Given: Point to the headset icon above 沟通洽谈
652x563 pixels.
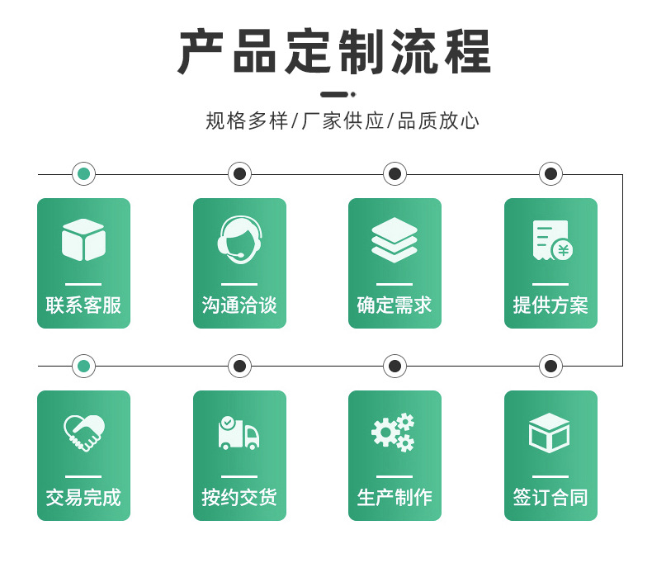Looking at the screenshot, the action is point(239,239).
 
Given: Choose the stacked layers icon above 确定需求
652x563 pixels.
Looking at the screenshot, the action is point(395,239).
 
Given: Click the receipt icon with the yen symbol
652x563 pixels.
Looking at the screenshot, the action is point(551,240).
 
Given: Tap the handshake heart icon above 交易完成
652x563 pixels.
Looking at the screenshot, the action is point(83,432).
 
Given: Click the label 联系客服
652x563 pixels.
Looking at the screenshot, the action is point(83,305).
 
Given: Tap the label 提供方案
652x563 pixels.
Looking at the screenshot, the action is point(550,305).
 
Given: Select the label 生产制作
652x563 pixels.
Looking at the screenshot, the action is point(395,498).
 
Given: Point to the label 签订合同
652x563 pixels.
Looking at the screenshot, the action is point(550,498).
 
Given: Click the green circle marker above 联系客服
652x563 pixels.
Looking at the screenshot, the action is point(83,174).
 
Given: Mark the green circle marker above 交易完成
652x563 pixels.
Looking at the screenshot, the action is point(83,366).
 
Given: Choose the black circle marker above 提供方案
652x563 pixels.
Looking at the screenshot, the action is point(550,174).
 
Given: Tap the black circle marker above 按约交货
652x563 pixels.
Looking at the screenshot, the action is point(239,366).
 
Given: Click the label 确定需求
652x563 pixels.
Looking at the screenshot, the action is point(395,305).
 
